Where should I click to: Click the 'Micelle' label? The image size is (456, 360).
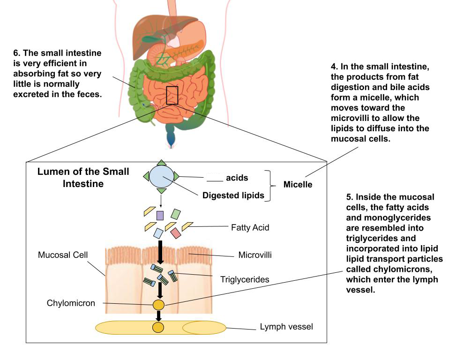point(298,185)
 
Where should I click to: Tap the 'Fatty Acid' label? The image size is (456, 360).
point(250,228)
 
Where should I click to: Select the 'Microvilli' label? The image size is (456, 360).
point(255,255)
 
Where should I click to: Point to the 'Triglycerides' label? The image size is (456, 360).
point(245,279)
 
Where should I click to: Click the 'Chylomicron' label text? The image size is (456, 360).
point(71,303)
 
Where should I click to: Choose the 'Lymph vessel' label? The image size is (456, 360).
point(286,326)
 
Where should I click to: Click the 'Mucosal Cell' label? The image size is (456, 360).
point(62,256)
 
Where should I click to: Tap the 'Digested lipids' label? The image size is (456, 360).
point(233,195)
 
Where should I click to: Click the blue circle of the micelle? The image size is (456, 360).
point(161,177)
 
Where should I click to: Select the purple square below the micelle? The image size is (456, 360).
point(160,215)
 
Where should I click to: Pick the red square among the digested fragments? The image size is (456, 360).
point(175,232)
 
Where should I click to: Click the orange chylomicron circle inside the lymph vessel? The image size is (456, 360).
point(158,327)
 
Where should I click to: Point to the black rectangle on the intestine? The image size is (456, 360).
point(172,95)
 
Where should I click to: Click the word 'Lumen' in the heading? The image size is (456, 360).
point(51,172)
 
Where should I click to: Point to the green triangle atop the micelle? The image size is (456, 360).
point(161,163)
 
